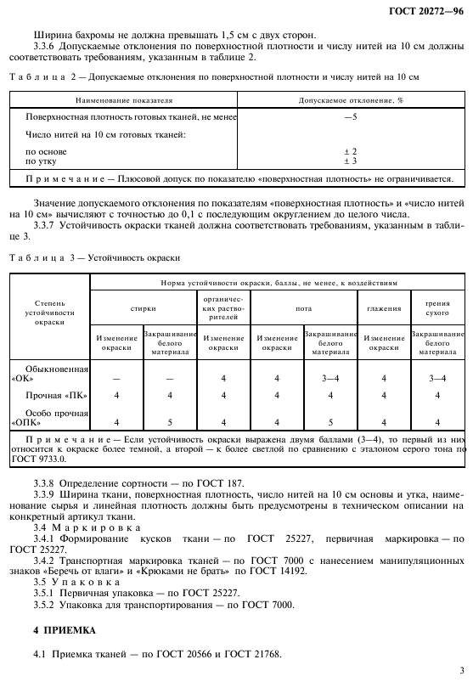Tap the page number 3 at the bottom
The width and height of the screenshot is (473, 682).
coord(460,669)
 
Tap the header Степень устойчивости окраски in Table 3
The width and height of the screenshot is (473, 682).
coord(48,318)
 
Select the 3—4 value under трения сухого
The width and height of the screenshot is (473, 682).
coord(437,375)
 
